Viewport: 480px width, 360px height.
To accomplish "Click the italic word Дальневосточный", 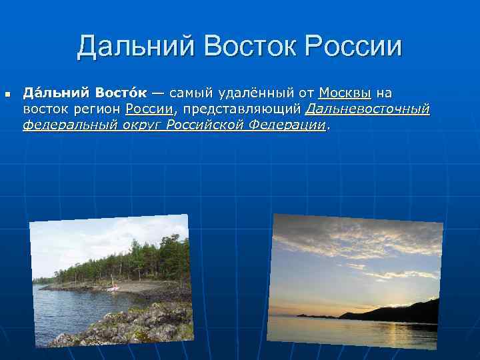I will point(368,109).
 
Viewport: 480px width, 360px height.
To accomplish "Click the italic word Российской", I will point(203,125).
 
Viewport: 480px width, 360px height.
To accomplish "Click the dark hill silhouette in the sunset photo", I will point(400,311).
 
